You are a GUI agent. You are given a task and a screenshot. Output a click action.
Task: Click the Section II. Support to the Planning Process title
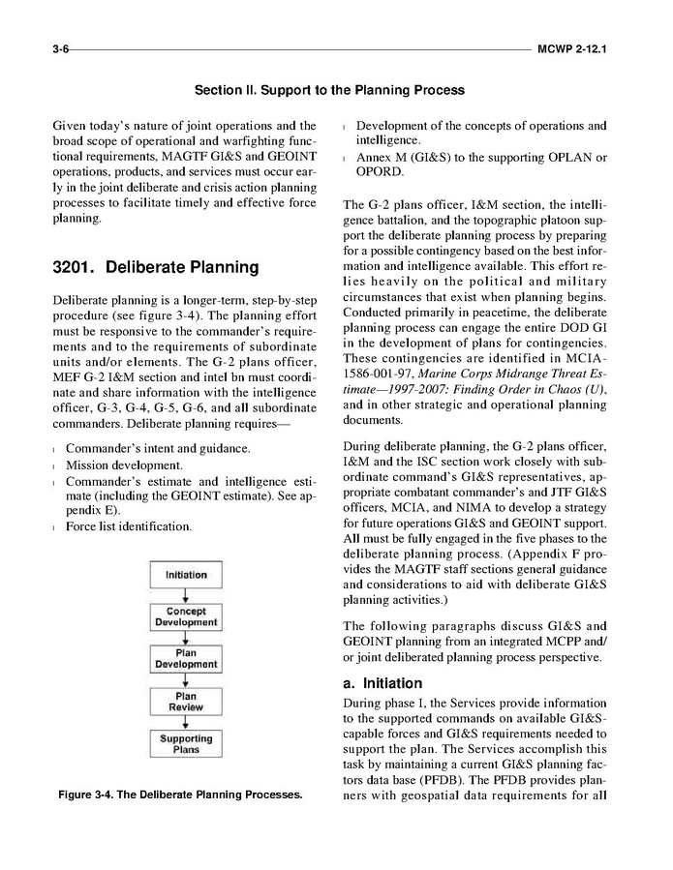(x=329, y=90)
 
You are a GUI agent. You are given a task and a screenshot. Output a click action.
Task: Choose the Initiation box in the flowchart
(x=186, y=575)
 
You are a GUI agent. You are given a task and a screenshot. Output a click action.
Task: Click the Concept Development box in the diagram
(x=186, y=616)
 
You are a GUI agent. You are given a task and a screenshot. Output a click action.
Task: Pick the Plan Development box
(x=186, y=659)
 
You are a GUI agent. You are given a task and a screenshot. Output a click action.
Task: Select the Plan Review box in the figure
(x=186, y=701)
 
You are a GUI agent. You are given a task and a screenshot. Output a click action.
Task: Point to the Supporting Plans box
(x=186, y=743)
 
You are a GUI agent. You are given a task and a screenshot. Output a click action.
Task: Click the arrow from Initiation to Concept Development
(x=186, y=595)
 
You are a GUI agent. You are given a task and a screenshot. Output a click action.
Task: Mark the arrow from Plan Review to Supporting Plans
(x=186, y=722)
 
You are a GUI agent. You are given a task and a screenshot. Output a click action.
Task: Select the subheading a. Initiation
(x=382, y=683)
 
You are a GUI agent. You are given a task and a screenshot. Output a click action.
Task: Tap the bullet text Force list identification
(x=128, y=526)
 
